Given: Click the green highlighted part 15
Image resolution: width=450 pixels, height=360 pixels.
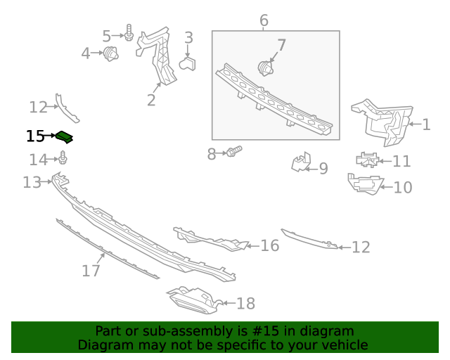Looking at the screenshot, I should tap(65, 136).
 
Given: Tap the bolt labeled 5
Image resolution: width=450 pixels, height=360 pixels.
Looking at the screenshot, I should tap(129, 33).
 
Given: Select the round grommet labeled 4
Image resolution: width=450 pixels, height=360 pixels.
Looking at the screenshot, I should tap(110, 53).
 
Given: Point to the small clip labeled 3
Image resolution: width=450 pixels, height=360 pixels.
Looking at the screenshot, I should tap(188, 64).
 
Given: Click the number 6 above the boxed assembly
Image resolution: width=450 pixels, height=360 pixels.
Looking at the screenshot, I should tap(264, 20).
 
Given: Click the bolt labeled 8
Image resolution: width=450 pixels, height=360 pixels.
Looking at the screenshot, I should tap(234, 151).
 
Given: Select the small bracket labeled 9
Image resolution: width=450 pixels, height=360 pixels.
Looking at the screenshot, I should tap(301, 163).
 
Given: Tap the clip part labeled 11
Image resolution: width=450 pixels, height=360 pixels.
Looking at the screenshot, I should tap(366, 160).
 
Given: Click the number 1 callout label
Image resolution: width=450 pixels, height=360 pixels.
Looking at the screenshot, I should tap(426, 125).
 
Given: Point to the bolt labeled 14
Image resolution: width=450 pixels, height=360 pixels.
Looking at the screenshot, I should tap(63, 160).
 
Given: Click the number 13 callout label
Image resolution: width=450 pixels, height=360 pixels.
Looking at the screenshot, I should tap(32, 183).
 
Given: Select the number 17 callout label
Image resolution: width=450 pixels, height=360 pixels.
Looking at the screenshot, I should tap(91, 270).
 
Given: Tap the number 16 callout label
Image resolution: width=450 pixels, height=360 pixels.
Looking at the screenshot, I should tap(269, 245).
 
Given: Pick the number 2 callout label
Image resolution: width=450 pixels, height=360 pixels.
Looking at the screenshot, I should tap(151, 100).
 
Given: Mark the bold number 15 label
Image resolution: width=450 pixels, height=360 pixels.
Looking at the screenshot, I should tap(35, 136).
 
